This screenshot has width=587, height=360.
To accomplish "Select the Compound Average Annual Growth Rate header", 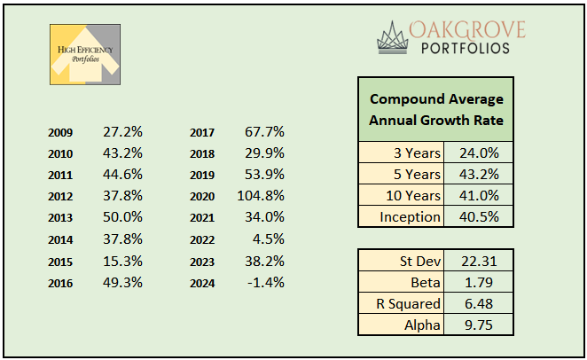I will tap(435, 108).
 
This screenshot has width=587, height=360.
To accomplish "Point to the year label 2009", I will tap(61, 133).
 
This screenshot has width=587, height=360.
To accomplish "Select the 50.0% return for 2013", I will tap(122, 217).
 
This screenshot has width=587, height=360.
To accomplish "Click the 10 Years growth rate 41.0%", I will tap(480, 195).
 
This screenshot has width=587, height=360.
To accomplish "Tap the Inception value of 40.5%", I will tap(480, 216).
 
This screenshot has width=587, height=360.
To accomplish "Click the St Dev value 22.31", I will tap(480, 261).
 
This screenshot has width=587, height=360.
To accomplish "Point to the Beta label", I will tap(424, 282).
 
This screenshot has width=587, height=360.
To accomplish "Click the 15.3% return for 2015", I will tap(122, 260).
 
